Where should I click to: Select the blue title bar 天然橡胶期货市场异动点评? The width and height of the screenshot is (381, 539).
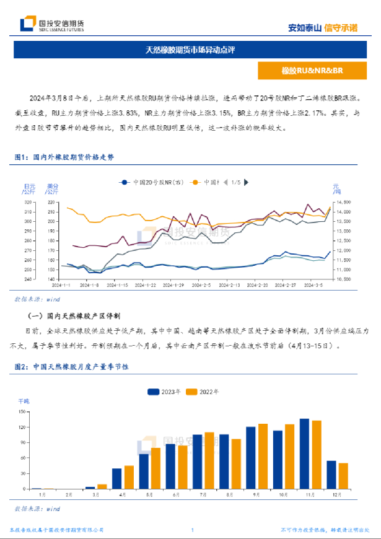pos(190,49)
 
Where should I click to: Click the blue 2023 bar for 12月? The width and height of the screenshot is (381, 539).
pos(331,475)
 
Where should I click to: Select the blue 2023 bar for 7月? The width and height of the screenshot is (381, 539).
pos(197,462)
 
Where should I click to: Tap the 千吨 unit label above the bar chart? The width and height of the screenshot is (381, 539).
pos(23,402)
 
